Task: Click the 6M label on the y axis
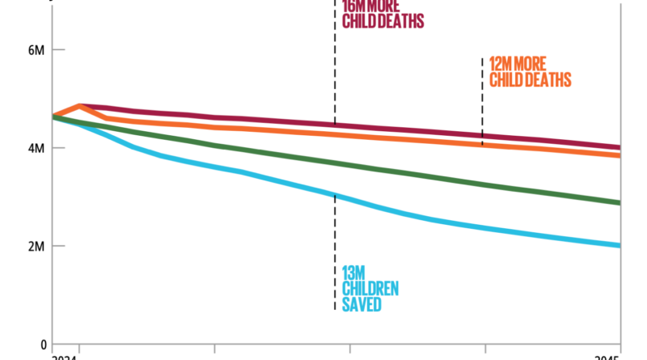coord(36,50)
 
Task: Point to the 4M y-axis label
coord(36,148)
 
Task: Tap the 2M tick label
coord(36,246)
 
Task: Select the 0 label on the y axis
coord(44,344)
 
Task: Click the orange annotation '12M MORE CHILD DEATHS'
coord(531,72)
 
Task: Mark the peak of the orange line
coord(79,105)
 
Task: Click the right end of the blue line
coord(620,246)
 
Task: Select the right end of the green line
coord(620,203)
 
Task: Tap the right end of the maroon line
coord(620,147)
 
